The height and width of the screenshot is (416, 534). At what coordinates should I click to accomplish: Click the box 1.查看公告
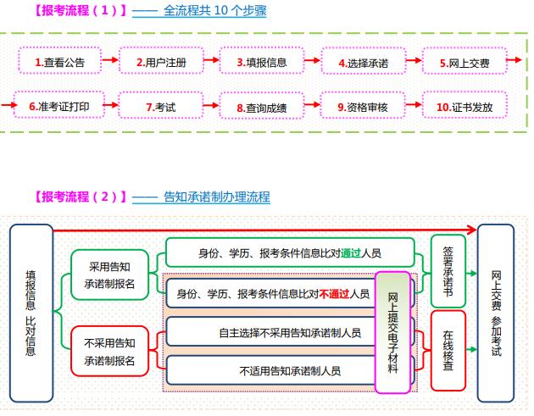tap(58, 62)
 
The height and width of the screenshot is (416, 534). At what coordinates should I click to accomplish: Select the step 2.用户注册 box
tap(160, 62)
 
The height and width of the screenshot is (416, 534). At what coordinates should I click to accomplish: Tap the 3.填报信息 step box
tap(262, 62)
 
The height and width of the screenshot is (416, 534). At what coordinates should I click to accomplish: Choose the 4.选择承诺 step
tap(363, 62)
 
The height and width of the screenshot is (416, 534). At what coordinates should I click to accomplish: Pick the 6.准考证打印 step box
tap(58, 107)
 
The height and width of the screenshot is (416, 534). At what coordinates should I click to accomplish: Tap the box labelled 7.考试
tap(160, 107)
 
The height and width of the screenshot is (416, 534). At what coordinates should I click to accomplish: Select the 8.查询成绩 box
tap(262, 107)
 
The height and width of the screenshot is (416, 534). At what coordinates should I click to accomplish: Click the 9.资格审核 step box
tap(363, 107)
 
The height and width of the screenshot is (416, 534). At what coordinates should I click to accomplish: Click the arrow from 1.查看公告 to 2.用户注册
tap(109, 62)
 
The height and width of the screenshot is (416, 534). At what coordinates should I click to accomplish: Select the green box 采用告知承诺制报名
tap(111, 275)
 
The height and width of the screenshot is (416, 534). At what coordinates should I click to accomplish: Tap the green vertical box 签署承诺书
tap(448, 269)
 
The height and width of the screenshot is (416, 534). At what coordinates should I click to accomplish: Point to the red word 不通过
tap(335, 294)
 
